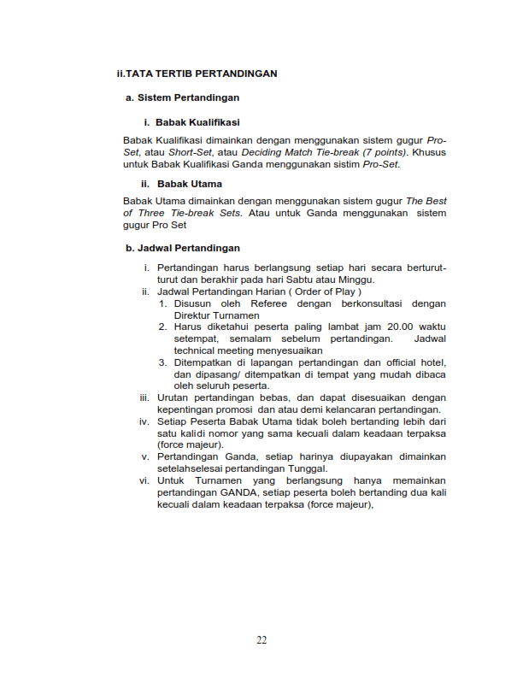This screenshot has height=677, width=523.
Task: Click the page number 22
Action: [x=261, y=640]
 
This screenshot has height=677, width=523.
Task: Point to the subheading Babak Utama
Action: [x=188, y=184]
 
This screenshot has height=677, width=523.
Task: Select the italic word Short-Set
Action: [x=190, y=152]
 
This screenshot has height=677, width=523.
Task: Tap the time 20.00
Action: [x=379, y=327]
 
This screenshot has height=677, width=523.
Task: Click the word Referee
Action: [x=270, y=303]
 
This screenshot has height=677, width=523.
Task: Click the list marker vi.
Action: [x=144, y=480]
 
